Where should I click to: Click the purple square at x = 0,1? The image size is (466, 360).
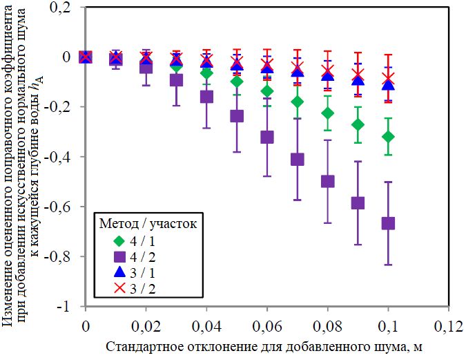(x=388, y=223)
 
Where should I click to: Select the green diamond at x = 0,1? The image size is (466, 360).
(x=388, y=137)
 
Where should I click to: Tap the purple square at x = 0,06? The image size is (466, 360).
(x=267, y=137)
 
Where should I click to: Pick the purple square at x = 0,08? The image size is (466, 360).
(x=328, y=181)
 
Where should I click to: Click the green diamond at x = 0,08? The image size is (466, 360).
(x=328, y=113)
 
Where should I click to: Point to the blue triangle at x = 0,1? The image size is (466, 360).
(x=388, y=84)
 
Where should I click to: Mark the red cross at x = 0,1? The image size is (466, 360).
(x=388, y=78)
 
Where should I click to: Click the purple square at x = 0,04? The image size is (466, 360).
(x=206, y=97)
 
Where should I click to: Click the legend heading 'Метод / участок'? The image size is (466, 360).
(x=148, y=223)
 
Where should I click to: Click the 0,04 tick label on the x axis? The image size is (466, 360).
(x=206, y=325)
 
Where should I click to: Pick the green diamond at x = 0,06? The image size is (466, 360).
(x=267, y=92)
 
